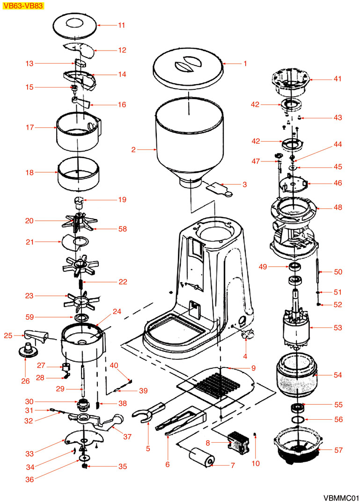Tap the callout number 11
pos(121,25)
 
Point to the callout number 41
pos(338,80)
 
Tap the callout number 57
pos(338,450)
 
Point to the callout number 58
pos(122,228)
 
